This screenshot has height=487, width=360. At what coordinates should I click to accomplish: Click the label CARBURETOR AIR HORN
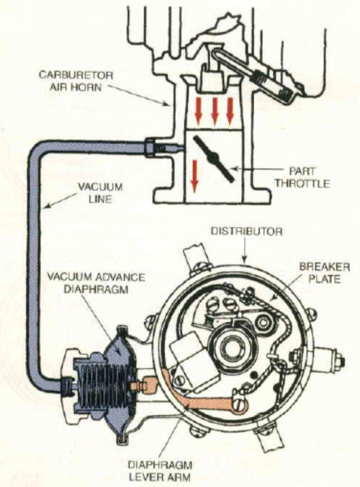[x=76, y=81]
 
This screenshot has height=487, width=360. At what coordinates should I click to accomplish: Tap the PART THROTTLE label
[x=302, y=177]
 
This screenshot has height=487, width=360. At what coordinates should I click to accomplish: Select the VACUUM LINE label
[x=100, y=192]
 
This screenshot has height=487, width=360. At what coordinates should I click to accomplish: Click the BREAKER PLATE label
[x=324, y=272]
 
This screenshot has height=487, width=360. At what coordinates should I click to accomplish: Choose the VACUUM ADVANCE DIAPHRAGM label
[x=96, y=282]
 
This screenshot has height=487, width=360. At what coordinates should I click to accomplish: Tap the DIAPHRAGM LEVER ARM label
[x=160, y=471]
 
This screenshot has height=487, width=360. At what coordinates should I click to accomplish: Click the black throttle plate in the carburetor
[x=214, y=158]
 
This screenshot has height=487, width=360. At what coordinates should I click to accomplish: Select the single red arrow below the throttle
[x=194, y=177]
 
